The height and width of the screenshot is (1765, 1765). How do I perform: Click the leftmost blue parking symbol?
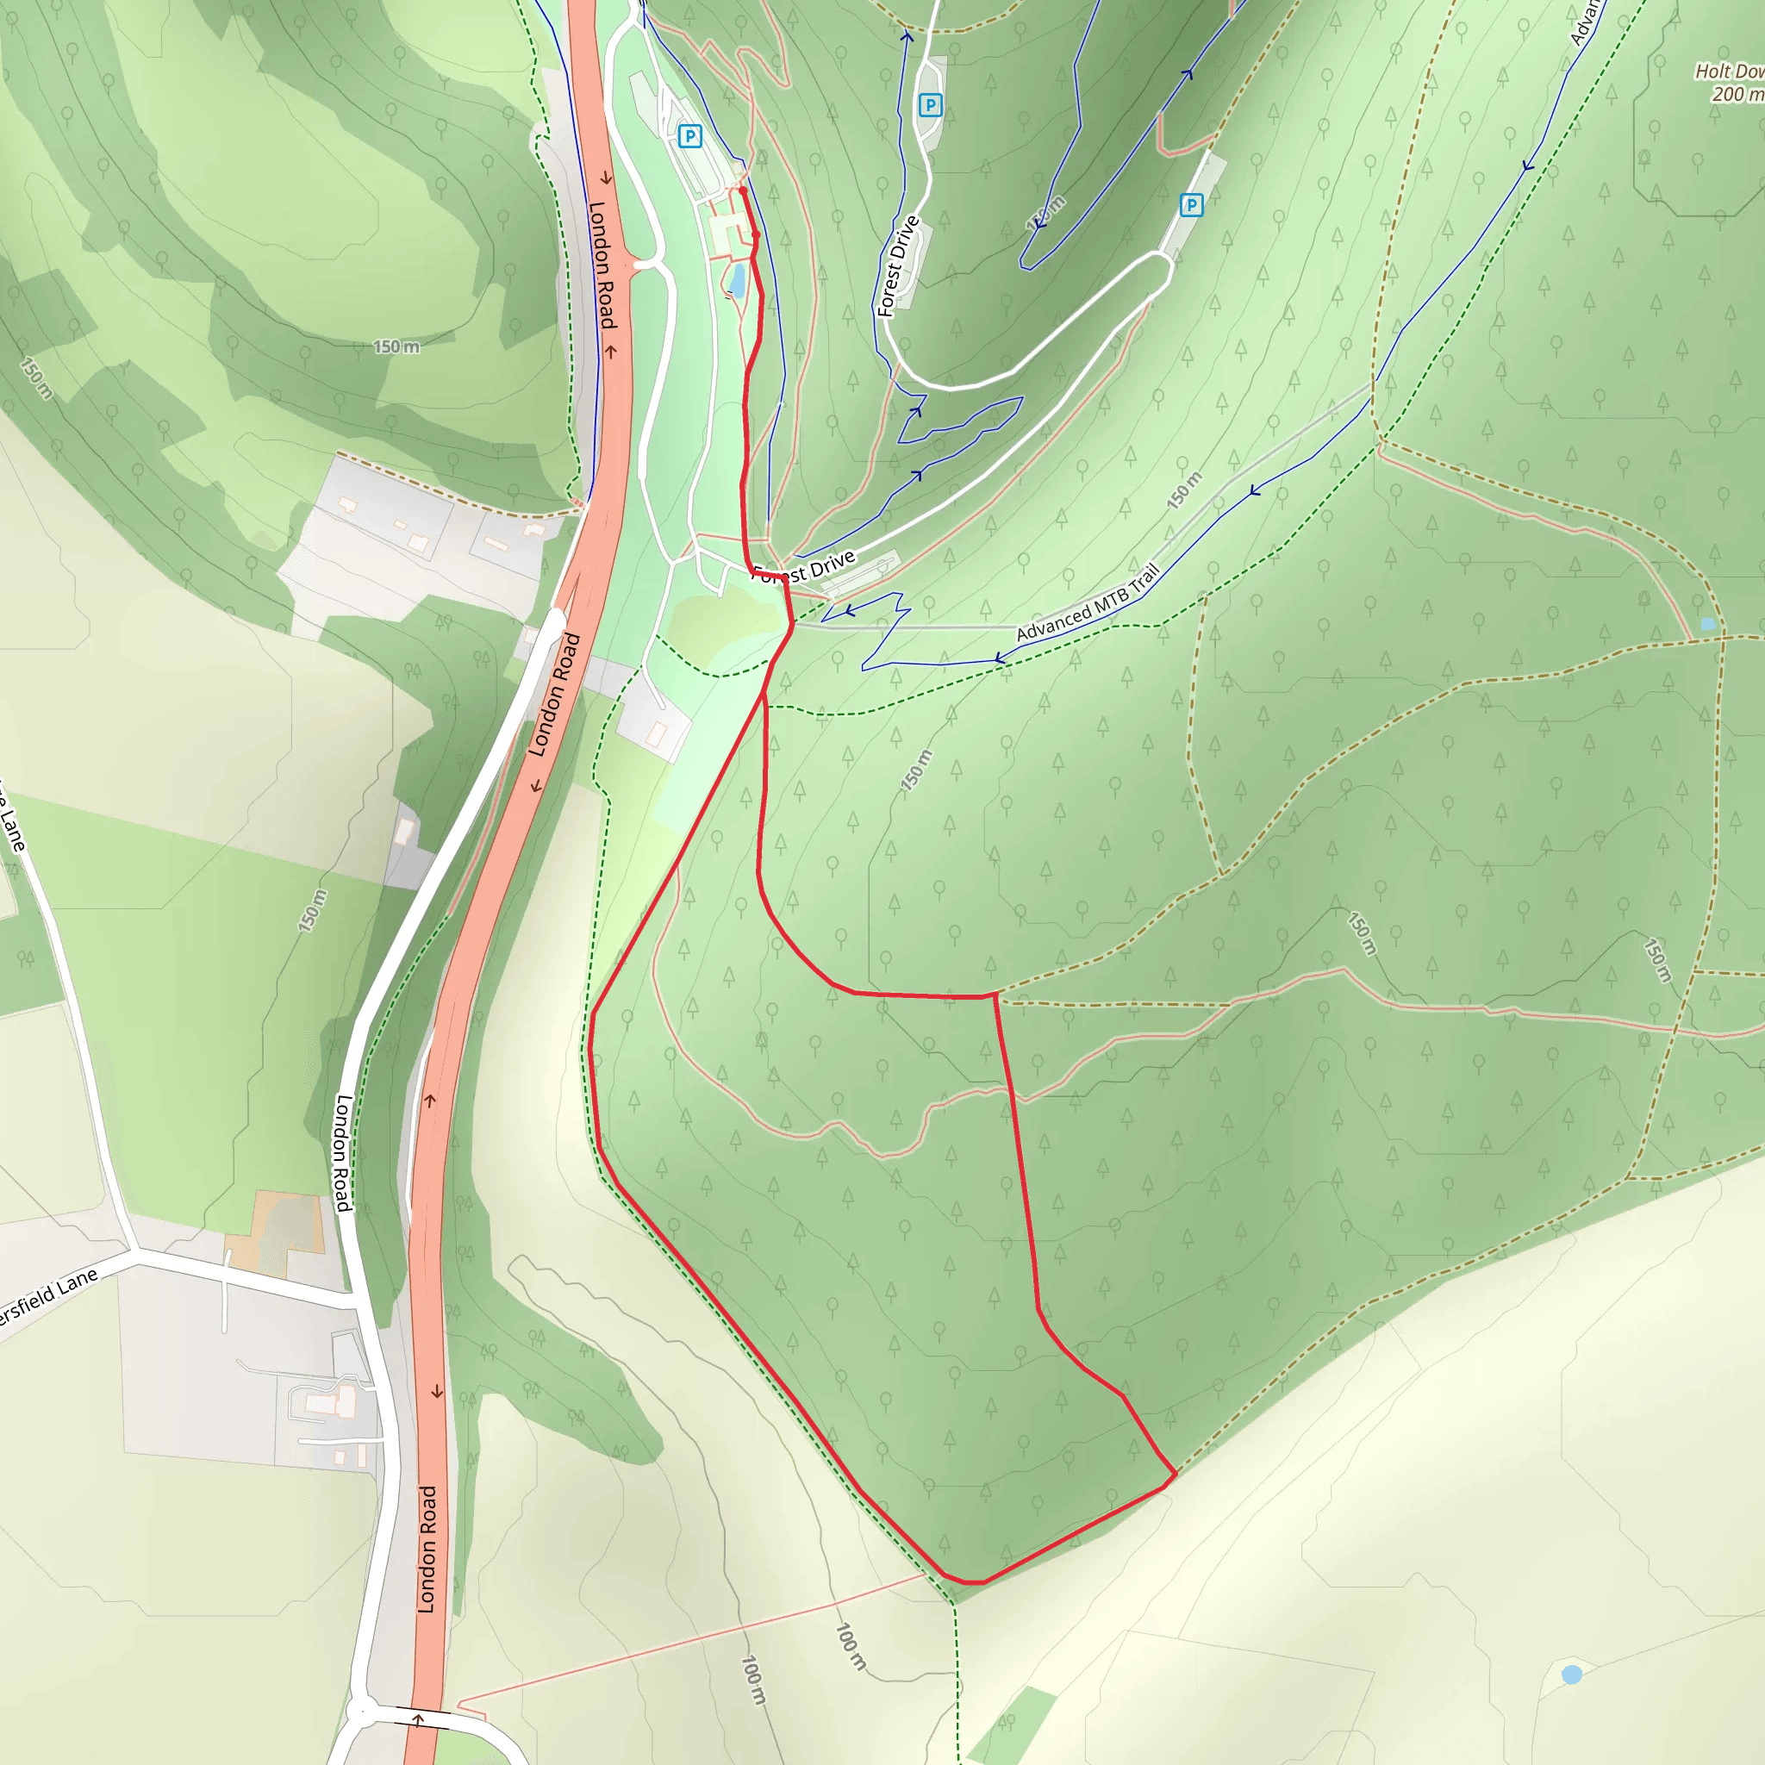689,136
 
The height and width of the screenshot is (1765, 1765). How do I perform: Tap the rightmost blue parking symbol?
1190,204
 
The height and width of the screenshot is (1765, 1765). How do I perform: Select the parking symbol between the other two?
930,105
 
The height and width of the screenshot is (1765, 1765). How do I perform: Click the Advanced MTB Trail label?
1087,603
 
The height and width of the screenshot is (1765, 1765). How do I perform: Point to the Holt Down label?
1729,72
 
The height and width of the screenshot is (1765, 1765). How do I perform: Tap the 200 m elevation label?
1736,93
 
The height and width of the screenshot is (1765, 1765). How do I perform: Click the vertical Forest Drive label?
897,265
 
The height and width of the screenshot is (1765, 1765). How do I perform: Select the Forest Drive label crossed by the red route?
804,568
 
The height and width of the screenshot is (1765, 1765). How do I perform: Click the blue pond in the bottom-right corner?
1571,1674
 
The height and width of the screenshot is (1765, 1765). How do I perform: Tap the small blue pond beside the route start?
736,279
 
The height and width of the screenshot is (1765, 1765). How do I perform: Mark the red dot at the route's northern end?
743,190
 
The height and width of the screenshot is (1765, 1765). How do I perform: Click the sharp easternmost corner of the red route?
1176,1474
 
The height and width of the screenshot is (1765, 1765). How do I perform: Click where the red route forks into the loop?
764,695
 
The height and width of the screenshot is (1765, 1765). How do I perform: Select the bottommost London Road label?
427,1549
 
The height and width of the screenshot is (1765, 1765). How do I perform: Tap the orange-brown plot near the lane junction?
274,1233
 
